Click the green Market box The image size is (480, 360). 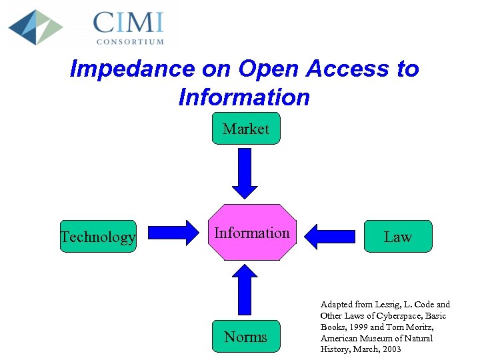point(246,129)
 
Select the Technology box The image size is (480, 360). point(97,237)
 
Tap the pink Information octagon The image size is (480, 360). point(251,233)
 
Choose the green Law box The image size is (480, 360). point(397,237)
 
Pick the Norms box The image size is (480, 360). point(246,337)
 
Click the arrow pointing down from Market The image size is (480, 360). point(245,173)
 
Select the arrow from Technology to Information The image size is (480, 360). point(173,233)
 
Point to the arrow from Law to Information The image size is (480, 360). point(330,235)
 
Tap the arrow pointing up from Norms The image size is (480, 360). point(246,291)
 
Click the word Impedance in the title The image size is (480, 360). point(131,69)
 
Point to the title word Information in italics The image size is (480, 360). point(244,97)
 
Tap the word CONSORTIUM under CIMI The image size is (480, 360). point(130,41)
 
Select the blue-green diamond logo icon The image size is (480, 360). point(35,27)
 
